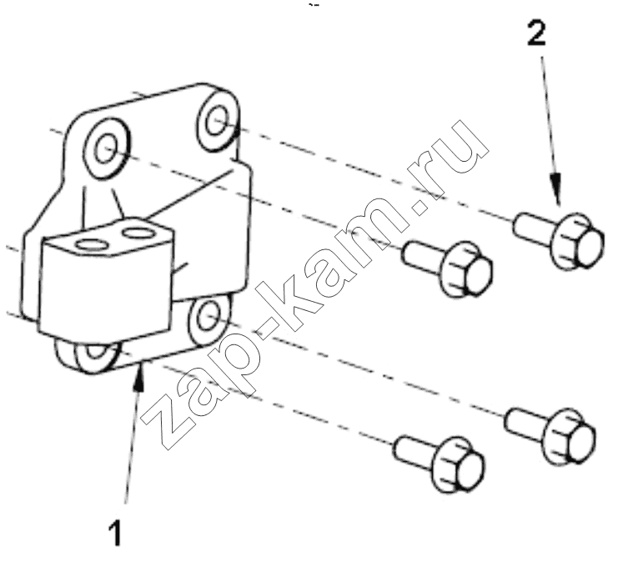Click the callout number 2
pos(537,33)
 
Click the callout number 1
pos(115,533)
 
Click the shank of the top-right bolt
pos(534,228)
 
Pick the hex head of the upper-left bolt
pos(466,268)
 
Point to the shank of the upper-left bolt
pos(422,257)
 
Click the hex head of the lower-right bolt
pos(569,436)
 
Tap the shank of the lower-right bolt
pos(525,424)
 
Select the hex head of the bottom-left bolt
pos(458,464)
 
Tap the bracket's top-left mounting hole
pos(106,148)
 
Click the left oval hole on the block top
pos(90,244)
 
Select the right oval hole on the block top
pos(137,232)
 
